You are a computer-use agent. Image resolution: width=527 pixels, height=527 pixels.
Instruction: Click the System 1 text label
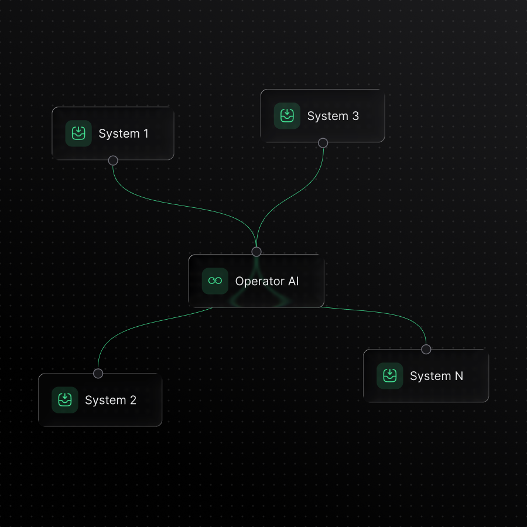click(x=123, y=134)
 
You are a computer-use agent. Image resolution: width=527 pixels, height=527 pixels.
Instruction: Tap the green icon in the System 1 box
click(x=78, y=134)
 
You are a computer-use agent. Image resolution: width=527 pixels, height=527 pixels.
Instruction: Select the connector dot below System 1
click(x=113, y=160)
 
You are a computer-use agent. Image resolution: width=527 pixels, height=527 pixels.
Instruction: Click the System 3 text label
click(x=333, y=116)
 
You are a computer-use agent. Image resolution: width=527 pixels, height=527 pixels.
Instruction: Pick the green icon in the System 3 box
click(x=287, y=116)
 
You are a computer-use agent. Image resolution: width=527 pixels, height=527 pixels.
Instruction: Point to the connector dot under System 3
click(x=323, y=143)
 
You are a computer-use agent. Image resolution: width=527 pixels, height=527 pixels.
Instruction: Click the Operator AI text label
click(x=266, y=281)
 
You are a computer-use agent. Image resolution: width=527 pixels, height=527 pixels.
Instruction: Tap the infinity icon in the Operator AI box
click(x=215, y=281)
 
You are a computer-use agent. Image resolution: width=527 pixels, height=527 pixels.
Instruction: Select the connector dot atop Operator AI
click(x=256, y=252)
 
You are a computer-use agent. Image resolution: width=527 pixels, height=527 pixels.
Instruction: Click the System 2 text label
click(x=110, y=401)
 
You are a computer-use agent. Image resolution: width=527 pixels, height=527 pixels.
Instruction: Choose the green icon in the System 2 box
click(x=65, y=401)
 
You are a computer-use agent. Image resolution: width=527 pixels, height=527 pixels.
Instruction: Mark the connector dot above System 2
click(x=98, y=374)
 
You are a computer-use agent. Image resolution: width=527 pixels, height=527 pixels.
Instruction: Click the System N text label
click(x=436, y=376)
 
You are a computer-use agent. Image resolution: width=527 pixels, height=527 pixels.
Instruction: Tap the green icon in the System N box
click(x=389, y=376)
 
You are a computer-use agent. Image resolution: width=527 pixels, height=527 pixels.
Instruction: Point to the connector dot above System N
click(x=426, y=350)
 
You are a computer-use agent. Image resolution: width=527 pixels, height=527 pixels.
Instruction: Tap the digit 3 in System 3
click(x=355, y=116)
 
